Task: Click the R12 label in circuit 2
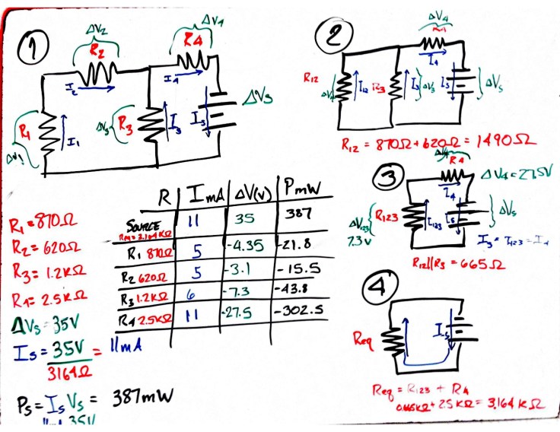pos(310,77)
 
